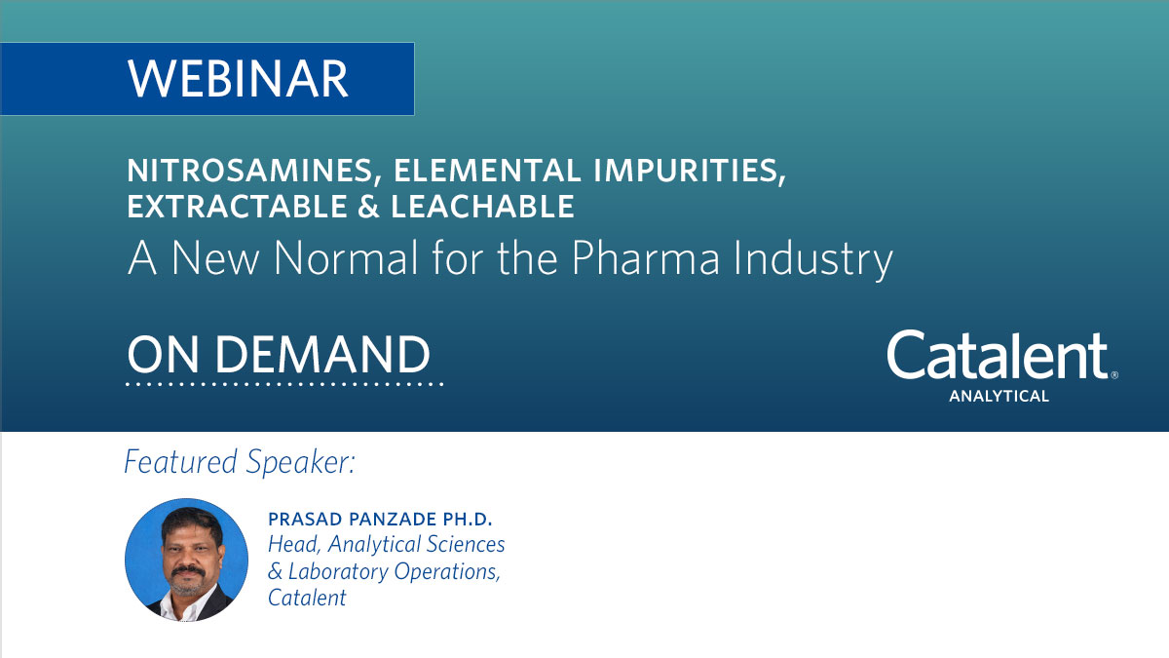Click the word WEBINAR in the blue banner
click(x=238, y=79)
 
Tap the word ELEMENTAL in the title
click(x=487, y=171)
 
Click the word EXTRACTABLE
click(x=237, y=206)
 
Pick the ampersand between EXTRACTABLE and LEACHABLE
click(x=368, y=206)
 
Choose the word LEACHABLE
click(x=483, y=206)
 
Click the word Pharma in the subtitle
click(x=646, y=257)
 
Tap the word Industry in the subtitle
click(x=813, y=259)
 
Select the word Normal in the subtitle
click(x=346, y=257)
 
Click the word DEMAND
click(x=322, y=355)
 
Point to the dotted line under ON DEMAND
click(x=284, y=384)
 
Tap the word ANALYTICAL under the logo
click(x=999, y=397)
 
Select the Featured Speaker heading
click(x=240, y=462)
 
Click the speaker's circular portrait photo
click(x=186, y=560)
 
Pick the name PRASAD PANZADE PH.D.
click(x=380, y=519)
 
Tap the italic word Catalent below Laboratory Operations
click(x=307, y=598)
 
